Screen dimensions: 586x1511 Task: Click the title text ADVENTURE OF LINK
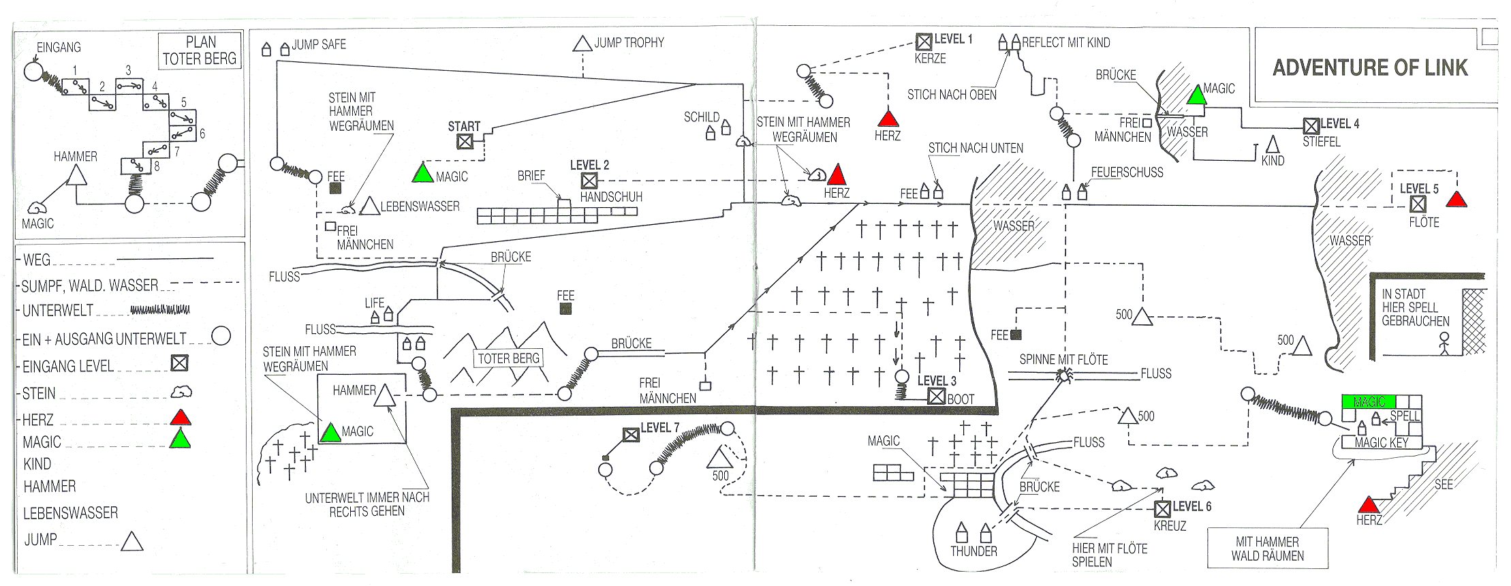pos(1370,67)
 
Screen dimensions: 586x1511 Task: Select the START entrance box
pos(465,141)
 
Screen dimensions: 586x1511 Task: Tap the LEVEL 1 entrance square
pos(924,42)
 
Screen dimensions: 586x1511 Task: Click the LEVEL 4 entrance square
pos(1311,126)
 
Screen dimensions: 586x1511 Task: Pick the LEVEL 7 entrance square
pos(631,434)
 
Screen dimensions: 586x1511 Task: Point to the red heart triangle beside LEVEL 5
pos(1456,200)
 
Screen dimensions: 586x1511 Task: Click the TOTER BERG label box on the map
pos(508,358)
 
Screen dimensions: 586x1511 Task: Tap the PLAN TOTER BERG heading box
pos(200,50)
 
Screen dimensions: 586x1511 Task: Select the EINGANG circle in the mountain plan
pos(33,71)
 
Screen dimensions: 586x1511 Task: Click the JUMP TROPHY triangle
pos(582,44)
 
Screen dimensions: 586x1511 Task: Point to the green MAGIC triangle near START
pos(423,173)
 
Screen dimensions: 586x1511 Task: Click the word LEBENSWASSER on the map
pos(420,206)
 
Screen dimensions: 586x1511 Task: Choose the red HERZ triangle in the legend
pos(180,417)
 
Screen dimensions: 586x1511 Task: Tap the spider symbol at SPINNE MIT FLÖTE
pos(1063,375)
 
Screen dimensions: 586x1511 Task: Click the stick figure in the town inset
pos(1444,343)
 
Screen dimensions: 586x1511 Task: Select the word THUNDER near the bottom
pos(973,551)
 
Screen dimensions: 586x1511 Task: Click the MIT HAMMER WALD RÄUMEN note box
pos(1267,549)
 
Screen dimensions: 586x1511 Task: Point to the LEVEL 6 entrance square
pos(1162,508)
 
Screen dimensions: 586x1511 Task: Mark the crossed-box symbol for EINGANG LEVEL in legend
pos(179,363)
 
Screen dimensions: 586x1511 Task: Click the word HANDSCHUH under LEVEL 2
pos(611,197)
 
